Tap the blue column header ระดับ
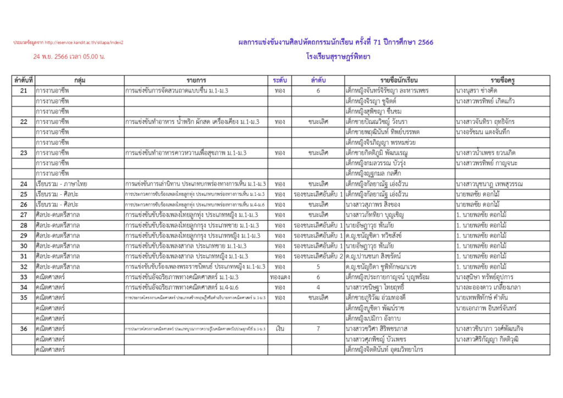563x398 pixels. pos(279,80)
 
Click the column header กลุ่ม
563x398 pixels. pos(79,80)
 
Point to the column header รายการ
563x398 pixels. pos(196,80)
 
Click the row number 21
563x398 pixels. pos(23,90)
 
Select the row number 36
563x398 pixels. pos(23,329)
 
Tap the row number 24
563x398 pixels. pos(23,184)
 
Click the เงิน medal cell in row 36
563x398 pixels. pos(279,329)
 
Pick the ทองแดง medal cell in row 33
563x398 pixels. pos(279,277)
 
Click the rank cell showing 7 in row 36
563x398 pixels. pos(318,329)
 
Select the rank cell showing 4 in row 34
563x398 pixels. pos(318,287)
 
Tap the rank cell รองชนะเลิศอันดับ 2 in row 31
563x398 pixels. pos(318,257)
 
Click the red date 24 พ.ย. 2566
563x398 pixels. pos(69,56)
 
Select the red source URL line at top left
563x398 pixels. pos(69,42)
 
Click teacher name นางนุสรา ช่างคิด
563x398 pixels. pos(481,90)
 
